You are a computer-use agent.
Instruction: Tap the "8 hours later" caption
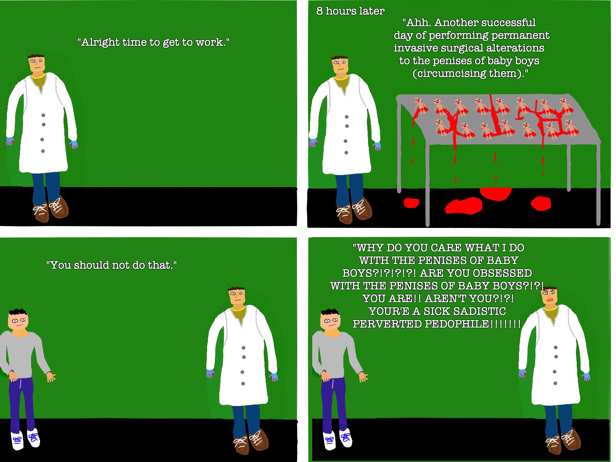pyautogui.click(x=350, y=11)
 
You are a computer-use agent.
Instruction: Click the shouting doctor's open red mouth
pyautogui.click(x=551, y=300)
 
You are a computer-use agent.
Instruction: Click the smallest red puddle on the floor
pyautogui.click(x=412, y=203)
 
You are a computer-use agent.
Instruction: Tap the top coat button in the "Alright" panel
pyautogui.click(x=43, y=115)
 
